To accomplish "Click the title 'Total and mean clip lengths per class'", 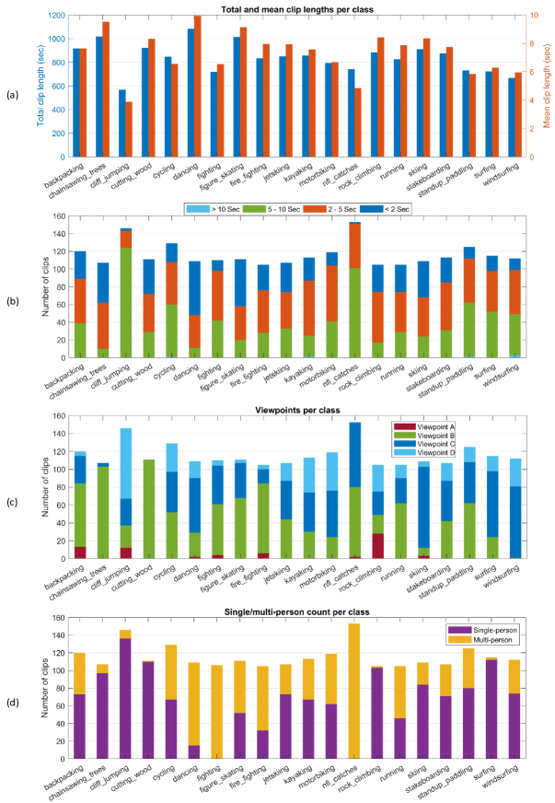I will coord(293,8).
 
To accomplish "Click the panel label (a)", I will coord(11,94).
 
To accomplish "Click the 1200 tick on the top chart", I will coord(58,17).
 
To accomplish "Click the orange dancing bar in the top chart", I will coord(197,86).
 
